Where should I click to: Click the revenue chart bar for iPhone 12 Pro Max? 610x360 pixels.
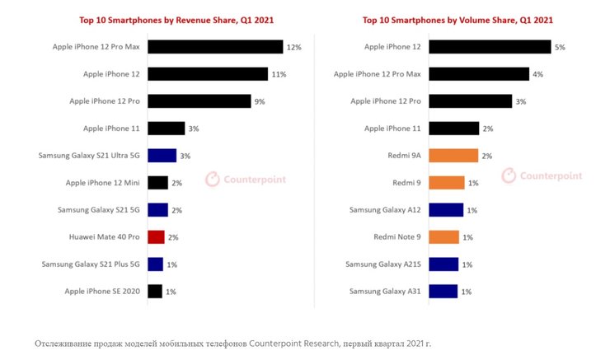point(215,47)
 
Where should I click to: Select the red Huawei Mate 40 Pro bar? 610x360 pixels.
point(157,236)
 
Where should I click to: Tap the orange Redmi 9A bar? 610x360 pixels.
point(453,155)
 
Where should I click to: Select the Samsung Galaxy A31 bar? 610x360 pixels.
point(443,291)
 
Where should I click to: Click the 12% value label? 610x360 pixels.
point(293,48)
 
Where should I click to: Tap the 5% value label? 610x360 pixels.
point(560,48)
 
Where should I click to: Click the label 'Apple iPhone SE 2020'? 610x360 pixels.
point(102,291)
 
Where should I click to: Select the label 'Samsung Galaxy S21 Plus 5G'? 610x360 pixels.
point(90,264)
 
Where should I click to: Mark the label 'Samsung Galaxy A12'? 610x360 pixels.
point(386,210)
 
